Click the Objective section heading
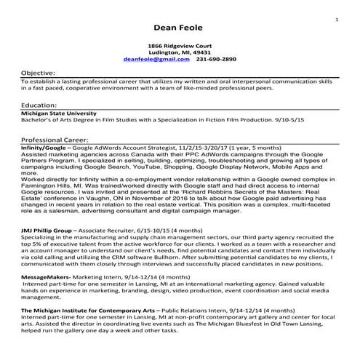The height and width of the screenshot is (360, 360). click(39, 73)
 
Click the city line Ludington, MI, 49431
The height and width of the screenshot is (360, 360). click(179, 52)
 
